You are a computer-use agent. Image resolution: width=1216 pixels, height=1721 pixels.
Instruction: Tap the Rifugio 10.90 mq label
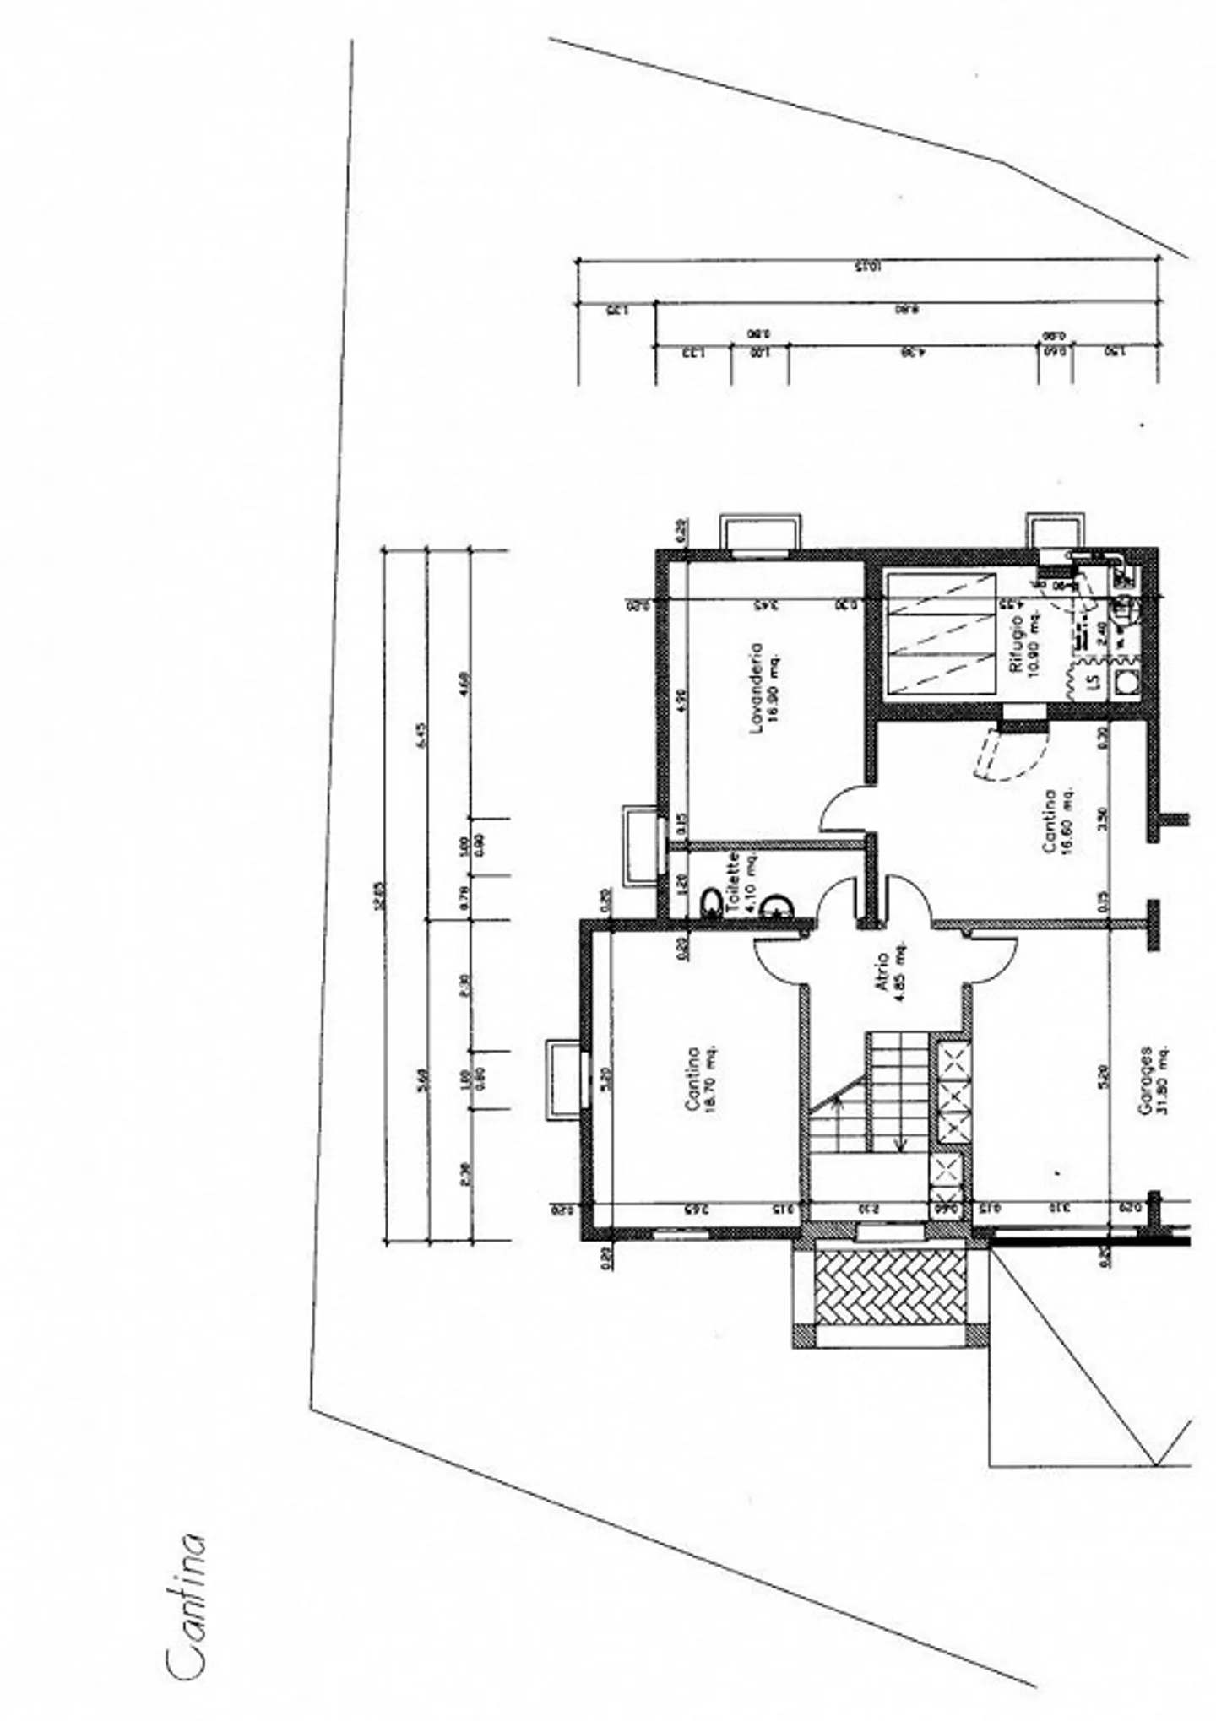pyautogui.click(x=1024, y=643)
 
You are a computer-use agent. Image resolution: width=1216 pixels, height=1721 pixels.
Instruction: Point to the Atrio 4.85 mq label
pyautogui.click(x=887, y=977)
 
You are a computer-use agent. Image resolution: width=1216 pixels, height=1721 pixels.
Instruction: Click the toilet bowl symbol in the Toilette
pyautogui.click(x=711, y=903)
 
